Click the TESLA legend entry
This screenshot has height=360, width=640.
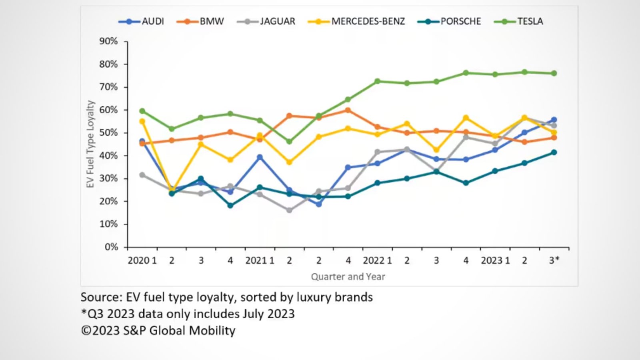tap(530, 21)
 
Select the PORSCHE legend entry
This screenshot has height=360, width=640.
tap(460, 21)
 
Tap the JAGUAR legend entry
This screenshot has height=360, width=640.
tap(277, 21)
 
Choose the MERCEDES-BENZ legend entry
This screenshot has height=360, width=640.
tap(368, 21)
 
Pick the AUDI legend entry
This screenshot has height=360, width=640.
tap(152, 21)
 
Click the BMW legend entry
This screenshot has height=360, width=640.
tap(212, 21)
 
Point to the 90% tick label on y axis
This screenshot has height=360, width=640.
tap(108, 41)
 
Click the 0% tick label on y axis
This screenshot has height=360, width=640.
tap(111, 247)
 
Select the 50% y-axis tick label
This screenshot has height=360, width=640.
tap(108, 132)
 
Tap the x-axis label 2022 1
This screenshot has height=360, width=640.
tap(377, 260)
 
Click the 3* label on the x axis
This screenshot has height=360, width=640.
tap(554, 260)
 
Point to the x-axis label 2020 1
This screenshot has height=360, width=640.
tap(142, 260)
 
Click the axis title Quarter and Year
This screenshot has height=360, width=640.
tap(348, 276)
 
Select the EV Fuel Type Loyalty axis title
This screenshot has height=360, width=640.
tap(90, 144)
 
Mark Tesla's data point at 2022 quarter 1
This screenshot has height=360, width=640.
tap(377, 81)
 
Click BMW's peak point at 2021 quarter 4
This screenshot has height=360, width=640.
tap(348, 110)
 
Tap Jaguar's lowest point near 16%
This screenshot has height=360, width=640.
tap(289, 210)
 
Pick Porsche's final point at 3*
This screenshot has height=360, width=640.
tap(554, 152)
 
